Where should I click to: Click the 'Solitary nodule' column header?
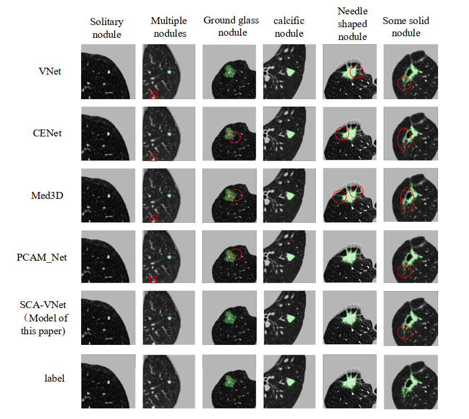(106, 28)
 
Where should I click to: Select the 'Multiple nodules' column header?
(169, 27)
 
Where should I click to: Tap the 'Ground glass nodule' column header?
(231, 26)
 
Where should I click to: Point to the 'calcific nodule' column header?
(289, 28)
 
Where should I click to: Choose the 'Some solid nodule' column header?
(406, 27)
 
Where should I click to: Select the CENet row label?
(47, 133)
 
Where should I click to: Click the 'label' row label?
(54, 378)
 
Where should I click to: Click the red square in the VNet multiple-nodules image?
(154, 95)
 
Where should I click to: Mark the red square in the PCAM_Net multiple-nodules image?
(153, 279)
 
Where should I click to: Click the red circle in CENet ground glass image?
(234, 137)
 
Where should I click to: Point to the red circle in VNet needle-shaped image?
(356, 71)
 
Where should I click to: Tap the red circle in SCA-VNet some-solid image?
(404, 332)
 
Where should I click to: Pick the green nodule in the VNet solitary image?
(108, 71)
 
